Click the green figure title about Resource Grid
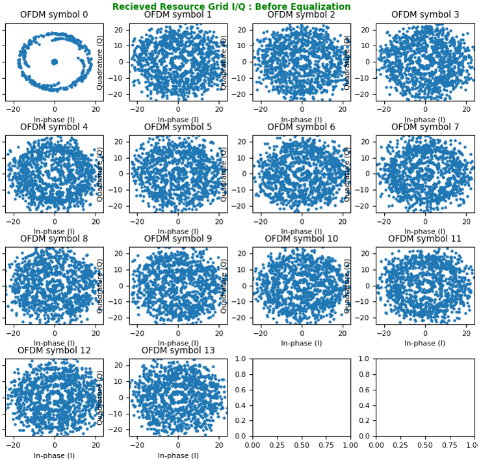tap(231, 7)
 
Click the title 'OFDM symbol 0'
tap(54, 15)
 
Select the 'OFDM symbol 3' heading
tap(425, 15)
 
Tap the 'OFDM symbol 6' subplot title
tap(301, 127)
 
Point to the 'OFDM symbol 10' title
tap(301, 239)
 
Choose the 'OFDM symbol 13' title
tap(177, 351)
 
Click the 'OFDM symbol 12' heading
tap(54, 351)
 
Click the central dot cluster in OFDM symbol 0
tap(54, 62)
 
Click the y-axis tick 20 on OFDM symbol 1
tap(122, 30)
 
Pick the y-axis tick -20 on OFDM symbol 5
tap(120, 206)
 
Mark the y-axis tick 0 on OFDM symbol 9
tap(123, 286)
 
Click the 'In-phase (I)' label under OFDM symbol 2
tap(301, 120)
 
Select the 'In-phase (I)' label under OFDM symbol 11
tap(425, 343)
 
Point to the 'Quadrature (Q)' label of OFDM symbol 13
tap(100, 398)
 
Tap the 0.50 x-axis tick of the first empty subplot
tap(301, 445)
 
